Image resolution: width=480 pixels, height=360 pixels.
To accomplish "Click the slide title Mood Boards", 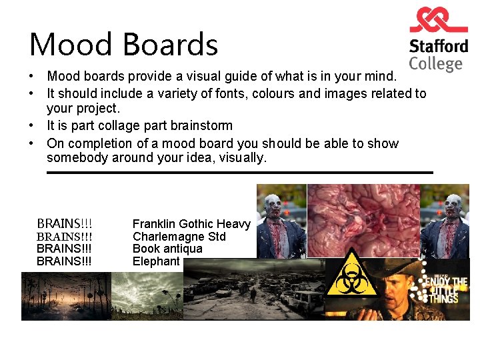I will click(x=124, y=45).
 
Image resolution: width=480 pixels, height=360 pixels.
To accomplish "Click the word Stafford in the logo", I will click(x=438, y=47).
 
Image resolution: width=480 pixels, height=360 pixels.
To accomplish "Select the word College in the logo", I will click(x=435, y=64).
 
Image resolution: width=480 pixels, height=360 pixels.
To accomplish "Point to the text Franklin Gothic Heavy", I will click(x=191, y=224).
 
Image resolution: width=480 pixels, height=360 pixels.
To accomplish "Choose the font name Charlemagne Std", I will click(x=179, y=237).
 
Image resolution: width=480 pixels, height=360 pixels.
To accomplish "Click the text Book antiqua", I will click(x=167, y=249).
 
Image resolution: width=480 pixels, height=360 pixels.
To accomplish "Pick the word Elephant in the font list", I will click(x=156, y=261).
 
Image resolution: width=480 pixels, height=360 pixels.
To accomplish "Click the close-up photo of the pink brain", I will click(x=363, y=220).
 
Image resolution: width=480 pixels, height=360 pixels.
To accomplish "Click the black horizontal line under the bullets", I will click(x=240, y=173).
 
